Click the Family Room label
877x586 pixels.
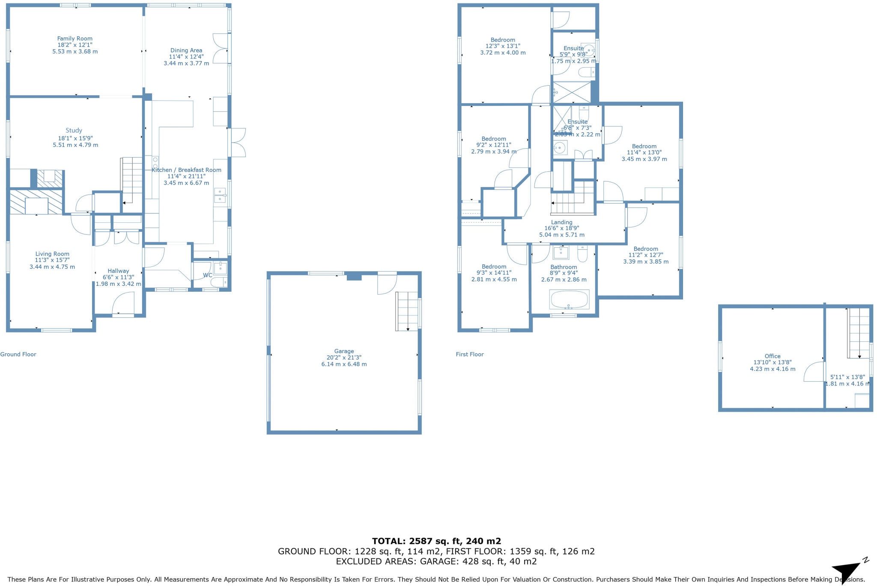(75, 39)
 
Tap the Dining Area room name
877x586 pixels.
(186, 51)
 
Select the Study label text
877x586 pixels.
(74, 130)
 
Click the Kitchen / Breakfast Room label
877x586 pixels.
(186, 170)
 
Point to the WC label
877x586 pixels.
(207, 275)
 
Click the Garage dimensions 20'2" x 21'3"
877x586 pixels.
(344, 358)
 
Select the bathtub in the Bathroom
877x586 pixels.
(570, 299)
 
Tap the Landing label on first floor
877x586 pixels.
(561, 222)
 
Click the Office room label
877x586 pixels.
(773, 356)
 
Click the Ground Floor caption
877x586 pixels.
(18, 354)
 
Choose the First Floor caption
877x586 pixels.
(470, 354)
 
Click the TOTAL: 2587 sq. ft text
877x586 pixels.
(436, 541)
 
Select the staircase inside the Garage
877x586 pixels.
(407, 311)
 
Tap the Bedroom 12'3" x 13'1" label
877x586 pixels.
(503, 40)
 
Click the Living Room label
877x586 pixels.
(52, 254)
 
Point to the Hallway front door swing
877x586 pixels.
(123, 303)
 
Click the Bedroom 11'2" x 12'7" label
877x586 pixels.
(646, 249)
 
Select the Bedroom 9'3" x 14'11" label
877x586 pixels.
(494, 266)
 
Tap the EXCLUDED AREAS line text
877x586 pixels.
(436, 562)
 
